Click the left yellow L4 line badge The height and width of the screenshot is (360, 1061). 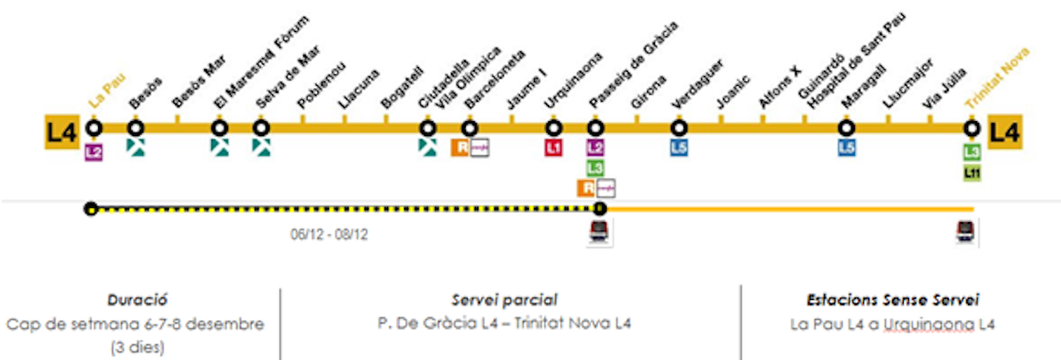click(x=61, y=133)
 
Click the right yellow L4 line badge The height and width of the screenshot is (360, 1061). click(x=1005, y=133)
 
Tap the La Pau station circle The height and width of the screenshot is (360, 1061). click(x=95, y=128)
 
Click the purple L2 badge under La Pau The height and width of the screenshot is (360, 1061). click(x=95, y=151)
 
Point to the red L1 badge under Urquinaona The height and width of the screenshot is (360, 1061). click(x=553, y=148)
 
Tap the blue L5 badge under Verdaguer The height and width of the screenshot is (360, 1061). click(x=679, y=148)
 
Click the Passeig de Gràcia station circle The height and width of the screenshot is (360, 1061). click(x=596, y=128)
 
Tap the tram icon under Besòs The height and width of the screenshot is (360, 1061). click(x=135, y=148)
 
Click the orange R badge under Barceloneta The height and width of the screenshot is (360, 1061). click(x=460, y=148)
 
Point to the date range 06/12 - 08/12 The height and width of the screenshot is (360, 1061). click(x=330, y=236)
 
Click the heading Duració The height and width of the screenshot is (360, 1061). click(x=138, y=300)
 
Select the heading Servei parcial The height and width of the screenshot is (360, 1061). click(x=503, y=300)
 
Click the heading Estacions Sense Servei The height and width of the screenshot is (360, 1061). click(x=892, y=300)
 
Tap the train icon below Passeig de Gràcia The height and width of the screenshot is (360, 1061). click(x=600, y=233)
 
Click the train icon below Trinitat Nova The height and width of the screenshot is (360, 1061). click(x=966, y=231)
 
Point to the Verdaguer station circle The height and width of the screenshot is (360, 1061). click(x=679, y=128)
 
